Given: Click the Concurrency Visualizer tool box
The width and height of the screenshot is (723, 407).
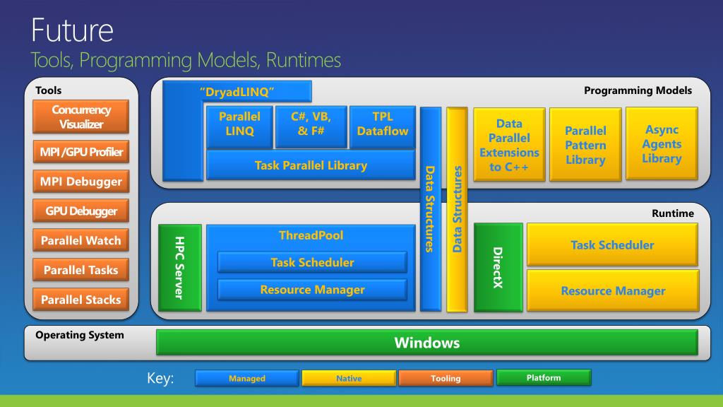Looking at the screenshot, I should click(x=81, y=117).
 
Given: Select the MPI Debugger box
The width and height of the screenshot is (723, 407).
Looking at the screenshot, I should click(x=81, y=182).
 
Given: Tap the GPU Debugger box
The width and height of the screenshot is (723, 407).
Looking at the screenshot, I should click(x=81, y=211).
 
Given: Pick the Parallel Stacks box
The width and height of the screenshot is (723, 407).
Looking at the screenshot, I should click(x=81, y=300).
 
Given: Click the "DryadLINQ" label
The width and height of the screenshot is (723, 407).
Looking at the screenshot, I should click(x=237, y=92).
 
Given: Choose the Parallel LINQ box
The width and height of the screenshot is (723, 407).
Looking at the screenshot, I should click(x=239, y=124).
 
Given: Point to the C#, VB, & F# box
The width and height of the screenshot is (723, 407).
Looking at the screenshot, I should click(x=310, y=124).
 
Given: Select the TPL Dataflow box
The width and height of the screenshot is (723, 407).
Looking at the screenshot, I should click(x=382, y=124).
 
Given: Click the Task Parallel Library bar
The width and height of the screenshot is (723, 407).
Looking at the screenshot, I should click(x=311, y=165).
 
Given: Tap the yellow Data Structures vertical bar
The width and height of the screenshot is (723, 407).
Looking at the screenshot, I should click(x=457, y=209).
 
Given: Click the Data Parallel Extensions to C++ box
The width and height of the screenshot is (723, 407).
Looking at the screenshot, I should click(x=509, y=146).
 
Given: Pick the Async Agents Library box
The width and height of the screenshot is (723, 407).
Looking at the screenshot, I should click(x=662, y=144).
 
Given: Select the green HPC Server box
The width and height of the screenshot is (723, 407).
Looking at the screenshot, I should click(x=179, y=267).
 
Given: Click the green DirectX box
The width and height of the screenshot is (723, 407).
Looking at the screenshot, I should click(x=498, y=267).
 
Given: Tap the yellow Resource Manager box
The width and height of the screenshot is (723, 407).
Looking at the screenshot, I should click(x=612, y=290).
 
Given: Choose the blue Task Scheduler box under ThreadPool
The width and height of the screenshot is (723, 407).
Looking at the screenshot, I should click(x=312, y=262).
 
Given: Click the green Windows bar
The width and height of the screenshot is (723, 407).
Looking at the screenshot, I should click(x=426, y=343).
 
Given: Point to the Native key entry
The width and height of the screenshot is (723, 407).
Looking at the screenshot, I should click(x=349, y=379).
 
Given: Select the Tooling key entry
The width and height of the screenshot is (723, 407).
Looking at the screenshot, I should click(x=446, y=379).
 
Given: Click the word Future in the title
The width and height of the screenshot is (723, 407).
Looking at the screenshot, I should click(x=71, y=30).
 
